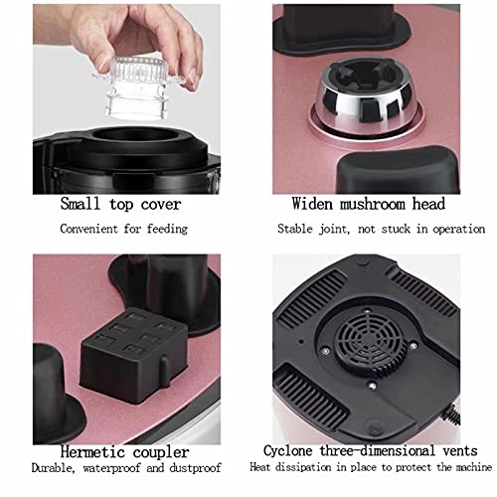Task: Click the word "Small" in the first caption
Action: (x=80, y=204)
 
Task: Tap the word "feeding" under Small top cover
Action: (x=167, y=229)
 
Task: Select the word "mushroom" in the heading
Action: (x=373, y=204)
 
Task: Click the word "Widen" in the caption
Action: (x=312, y=204)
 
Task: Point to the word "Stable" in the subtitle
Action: (x=295, y=229)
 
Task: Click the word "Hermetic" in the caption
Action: (x=92, y=452)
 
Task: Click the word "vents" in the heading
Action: (x=460, y=451)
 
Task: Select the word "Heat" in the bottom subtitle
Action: (x=260, y=467)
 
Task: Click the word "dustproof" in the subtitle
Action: (x=195, y=468)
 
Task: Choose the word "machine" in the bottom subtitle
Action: (x=474, y=467)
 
